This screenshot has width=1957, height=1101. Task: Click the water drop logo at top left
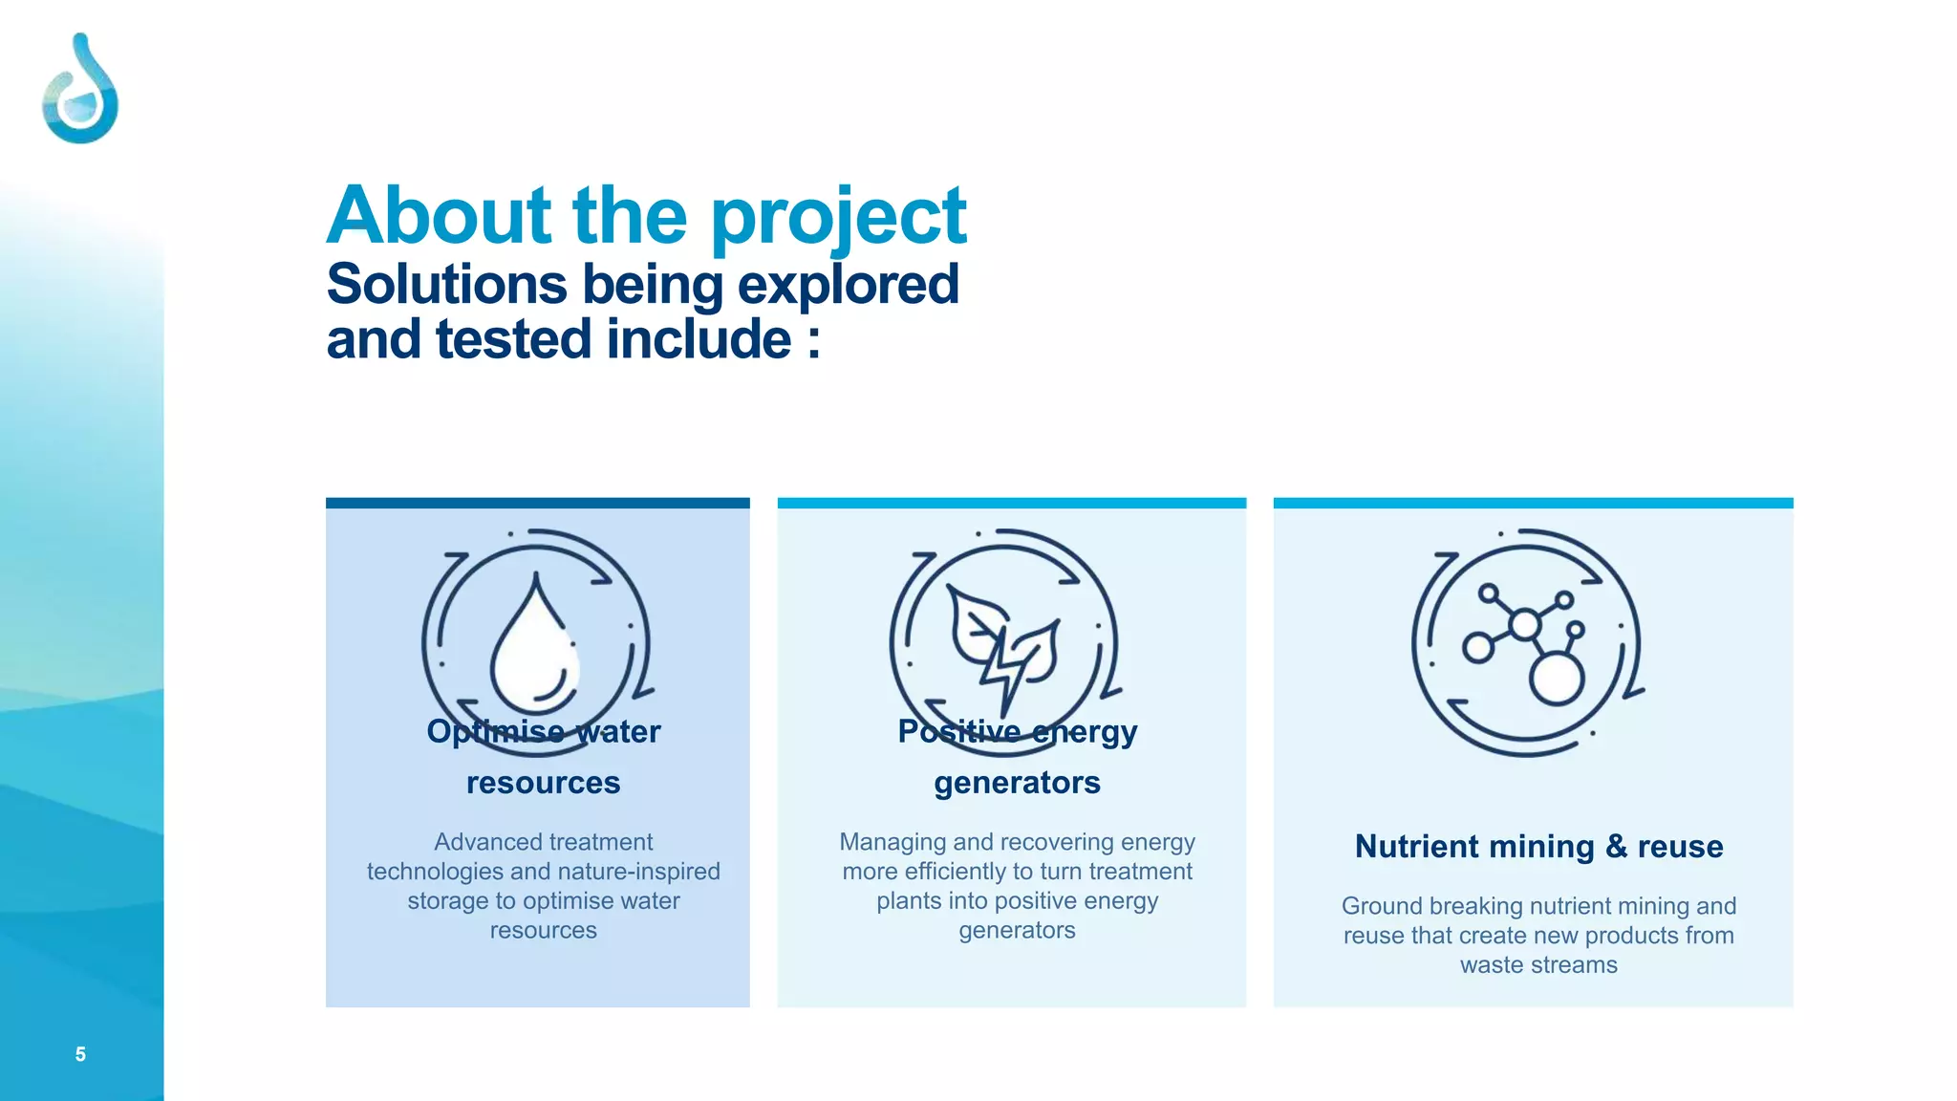point(80,90)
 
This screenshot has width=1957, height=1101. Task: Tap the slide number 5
point(80,1054)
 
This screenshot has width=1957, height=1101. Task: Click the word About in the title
point(440,216)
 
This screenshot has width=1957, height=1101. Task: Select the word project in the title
point(838,218)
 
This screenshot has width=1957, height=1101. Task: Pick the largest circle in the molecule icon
point(1557,679)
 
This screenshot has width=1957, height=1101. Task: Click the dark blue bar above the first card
point(537,503)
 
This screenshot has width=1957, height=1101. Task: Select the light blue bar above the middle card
point(1011,503)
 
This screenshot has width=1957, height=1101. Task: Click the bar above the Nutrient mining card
point(1533,503)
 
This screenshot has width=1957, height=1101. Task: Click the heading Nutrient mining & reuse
point(1538,847)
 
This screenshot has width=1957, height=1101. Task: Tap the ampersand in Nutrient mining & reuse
point(1616,846)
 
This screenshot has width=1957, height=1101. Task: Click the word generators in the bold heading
point(1017,784)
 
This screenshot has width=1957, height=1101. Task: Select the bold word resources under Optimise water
point(543,784)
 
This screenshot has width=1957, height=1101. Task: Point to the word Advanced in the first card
point(477,842)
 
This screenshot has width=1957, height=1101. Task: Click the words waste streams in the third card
point(1538,965)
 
